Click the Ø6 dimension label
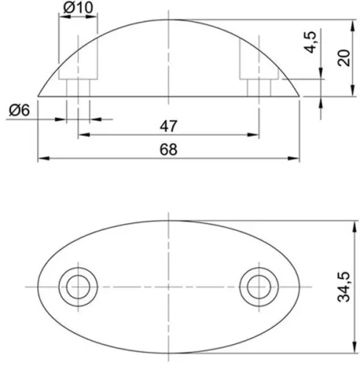(x=20, y=110)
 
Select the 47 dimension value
(x=168, y=126)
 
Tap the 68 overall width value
(x=168, y=149)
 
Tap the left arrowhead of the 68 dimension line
(x=42, y=159)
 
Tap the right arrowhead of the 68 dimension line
(x=296, y=159)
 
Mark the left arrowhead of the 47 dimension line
(x=82, y=135)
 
